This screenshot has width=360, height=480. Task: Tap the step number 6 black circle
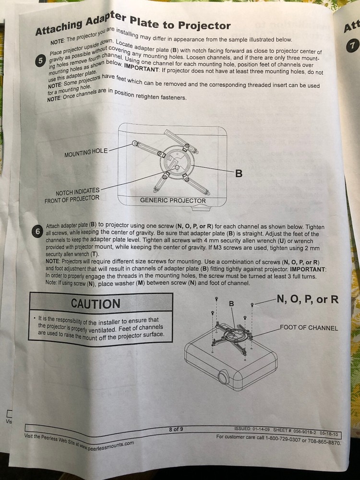(x=37, y=232)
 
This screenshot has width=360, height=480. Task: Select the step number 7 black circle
(x=352, y=46)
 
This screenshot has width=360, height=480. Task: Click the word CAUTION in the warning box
(x=96, y=303)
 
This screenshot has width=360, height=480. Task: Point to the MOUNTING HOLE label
(x=86, y=152)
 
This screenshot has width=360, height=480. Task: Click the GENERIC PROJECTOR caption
(x=173, y=201)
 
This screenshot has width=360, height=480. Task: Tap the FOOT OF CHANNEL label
(x=309, y=327)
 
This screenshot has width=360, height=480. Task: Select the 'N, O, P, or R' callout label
(x=308, y=299)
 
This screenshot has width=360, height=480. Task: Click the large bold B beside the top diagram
(x=239, y=174)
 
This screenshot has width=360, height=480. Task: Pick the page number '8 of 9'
(x=176, y=429)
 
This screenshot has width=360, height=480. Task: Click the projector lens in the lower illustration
(x=224, y=377)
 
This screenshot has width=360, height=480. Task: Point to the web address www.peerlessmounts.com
(x=107, y=445)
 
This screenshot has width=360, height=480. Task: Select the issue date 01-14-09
(x=261, y=429)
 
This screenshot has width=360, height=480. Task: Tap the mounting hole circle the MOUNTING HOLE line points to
(x=134, y=143)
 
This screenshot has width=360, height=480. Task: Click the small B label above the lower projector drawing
(x=231, y=303)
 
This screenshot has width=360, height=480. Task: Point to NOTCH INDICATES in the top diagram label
(x=77, y=192)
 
